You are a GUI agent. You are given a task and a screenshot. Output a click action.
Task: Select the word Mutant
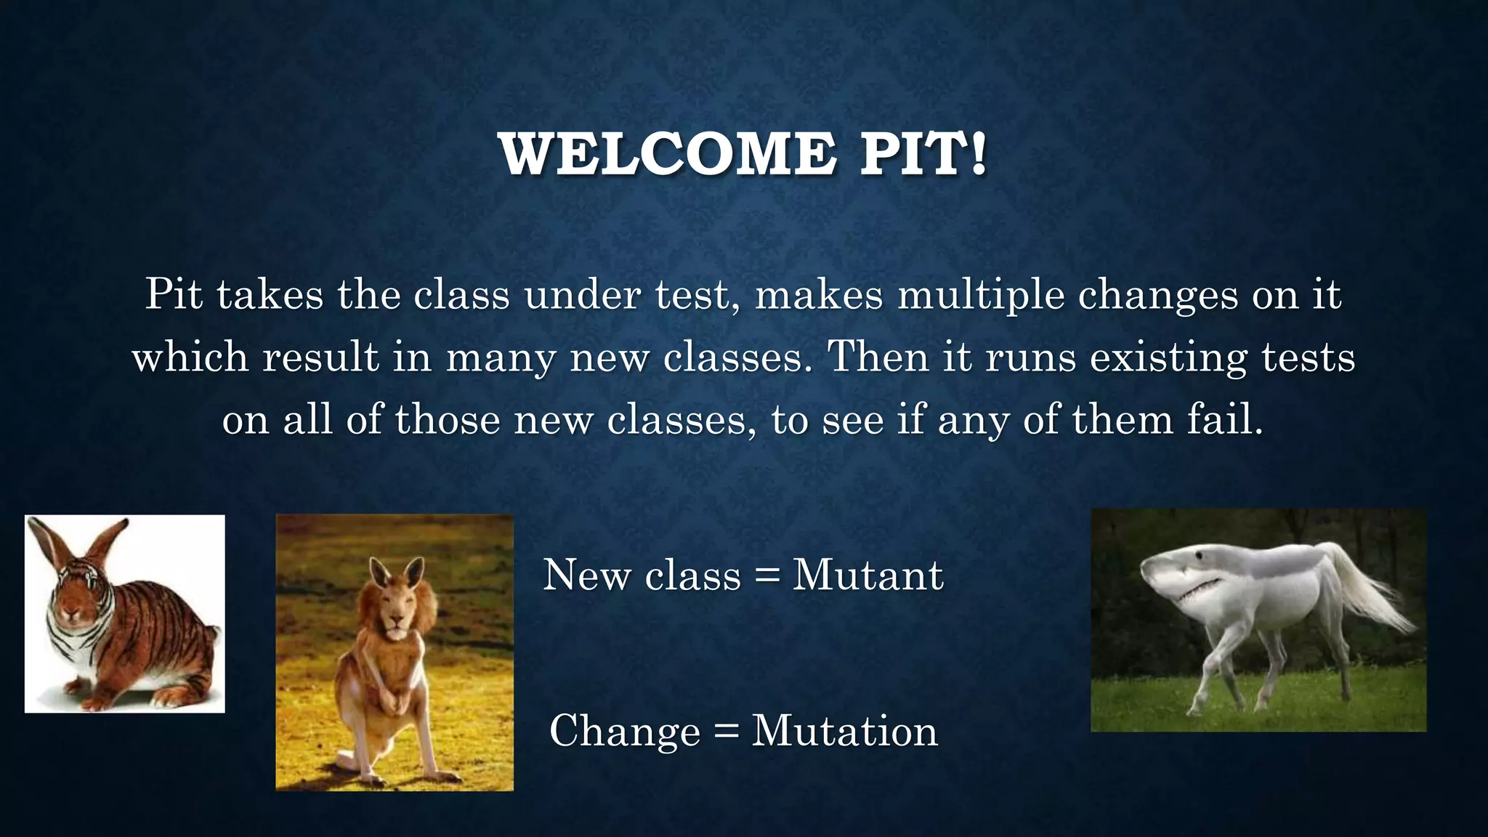pos(868,575)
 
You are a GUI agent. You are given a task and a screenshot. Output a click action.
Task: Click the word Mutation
pos(844,731)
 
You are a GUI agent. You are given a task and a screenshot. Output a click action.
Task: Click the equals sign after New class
pos(767,577)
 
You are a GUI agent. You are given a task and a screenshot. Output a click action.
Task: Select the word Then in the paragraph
pos(878,357)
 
